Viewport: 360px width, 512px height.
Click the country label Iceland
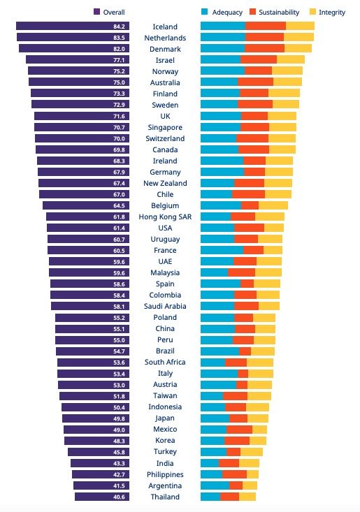(165, 27)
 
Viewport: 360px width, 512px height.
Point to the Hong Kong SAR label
(165, 217)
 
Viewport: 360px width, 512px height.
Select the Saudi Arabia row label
(165, 307)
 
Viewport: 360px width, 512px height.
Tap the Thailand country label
(165, 497)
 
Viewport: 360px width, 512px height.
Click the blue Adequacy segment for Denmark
(222, 49)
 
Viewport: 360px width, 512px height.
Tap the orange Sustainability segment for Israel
(259, 60)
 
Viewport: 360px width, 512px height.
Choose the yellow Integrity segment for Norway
(287, 71)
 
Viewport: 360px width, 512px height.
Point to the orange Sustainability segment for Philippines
(234, 474)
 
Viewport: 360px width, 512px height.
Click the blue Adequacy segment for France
(222, 251)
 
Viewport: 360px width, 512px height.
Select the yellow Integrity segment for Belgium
(273, 206)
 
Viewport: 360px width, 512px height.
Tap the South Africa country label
(165, 363)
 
